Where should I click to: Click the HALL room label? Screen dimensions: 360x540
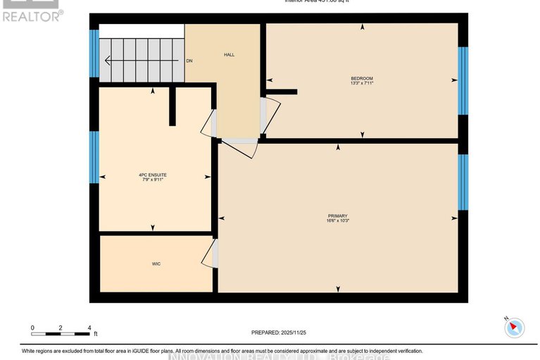(x=229, y=54)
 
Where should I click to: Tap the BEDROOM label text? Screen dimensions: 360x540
(x=362, y=78)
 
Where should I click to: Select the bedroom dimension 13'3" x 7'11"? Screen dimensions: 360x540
(x=362, y=83)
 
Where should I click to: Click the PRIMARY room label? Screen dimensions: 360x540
(x=338, y=216)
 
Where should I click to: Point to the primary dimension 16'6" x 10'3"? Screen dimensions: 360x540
(x=338, y=221)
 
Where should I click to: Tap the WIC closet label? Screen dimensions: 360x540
(x=156, y=264)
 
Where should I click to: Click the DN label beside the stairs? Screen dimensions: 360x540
(x=189, y=61)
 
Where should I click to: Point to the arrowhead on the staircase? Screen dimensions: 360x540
(x=108, y=61)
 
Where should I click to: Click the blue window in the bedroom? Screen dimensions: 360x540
(x=463, y=81)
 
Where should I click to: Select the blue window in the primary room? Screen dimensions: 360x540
(x=463, y=182)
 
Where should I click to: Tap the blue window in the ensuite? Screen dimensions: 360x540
(x=94, y=157)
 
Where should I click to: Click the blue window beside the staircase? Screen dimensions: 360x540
(x=94, y=54)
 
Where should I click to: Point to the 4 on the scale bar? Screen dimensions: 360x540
(x=89, y=328)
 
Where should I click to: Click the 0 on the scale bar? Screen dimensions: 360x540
(x=32, y=328)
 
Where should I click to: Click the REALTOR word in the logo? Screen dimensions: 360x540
(x=31, y=15)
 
